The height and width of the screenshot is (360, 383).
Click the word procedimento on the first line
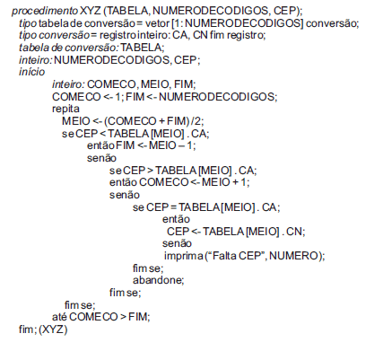pyautogui.click(x=45, y=11)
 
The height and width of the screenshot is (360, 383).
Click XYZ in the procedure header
pyautogui.click(x=91, y=11)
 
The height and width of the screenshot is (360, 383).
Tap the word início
pyautogui.click(x=32, y=72)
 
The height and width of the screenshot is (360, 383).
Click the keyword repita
pyautogui.click(x=65, y=109)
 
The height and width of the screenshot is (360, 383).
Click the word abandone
pyautogui.click(x=158, y=280)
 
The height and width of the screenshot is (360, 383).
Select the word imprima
pyautogui.click(x=184, y=256)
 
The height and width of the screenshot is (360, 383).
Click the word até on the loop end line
pyautogui.click(x=59, y=317)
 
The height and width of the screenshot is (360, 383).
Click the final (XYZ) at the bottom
pyautogui.click(x=53, y=329)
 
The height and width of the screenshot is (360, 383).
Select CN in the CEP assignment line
pyautogui.click(x=294, y=232)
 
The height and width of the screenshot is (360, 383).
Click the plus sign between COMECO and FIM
pyautogui.click(x=161, y=121)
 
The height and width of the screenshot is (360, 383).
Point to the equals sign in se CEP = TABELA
pyautogui.click(x=173, y=207)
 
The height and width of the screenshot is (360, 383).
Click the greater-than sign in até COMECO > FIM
pyautogui.click(x=123, y=317)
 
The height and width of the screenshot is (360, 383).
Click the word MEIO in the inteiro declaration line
pyautogui.click(x=155, y=84)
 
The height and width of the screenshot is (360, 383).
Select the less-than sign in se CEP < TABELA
pyautogui.click(x=102, y=134)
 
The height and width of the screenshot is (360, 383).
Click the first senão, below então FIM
pyautogui.click(x=101, y=158)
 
